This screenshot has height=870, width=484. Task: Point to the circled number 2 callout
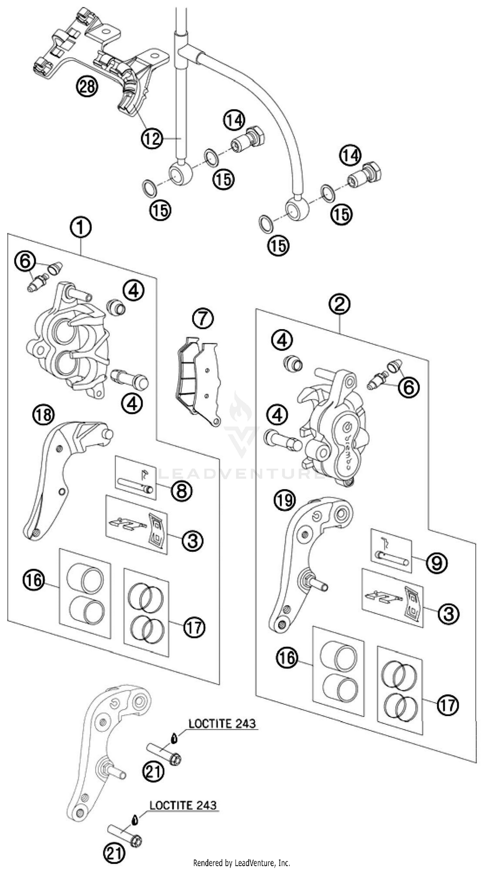[339, 304]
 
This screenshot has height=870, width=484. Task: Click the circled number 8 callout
[181, 490]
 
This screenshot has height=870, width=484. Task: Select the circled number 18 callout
[44, 415]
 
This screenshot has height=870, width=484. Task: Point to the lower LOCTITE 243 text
[183, 805]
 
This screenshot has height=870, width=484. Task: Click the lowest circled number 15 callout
[279, 245]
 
